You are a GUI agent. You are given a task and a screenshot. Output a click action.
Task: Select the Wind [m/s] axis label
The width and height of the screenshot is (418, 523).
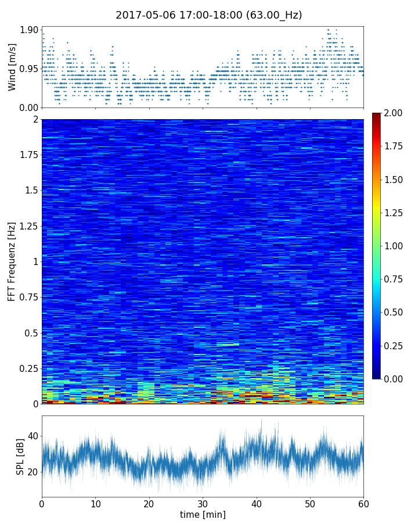coord(12,69)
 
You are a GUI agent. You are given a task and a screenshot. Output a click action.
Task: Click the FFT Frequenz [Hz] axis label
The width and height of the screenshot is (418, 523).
coord(12,261)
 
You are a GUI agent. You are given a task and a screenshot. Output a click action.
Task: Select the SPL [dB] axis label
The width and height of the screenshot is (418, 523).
coord(20,456)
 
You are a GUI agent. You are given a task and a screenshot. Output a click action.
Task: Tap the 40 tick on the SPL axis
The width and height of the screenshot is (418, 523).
coord(33,436)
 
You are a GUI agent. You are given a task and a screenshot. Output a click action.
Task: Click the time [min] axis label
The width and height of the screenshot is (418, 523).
coord(203,514)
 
